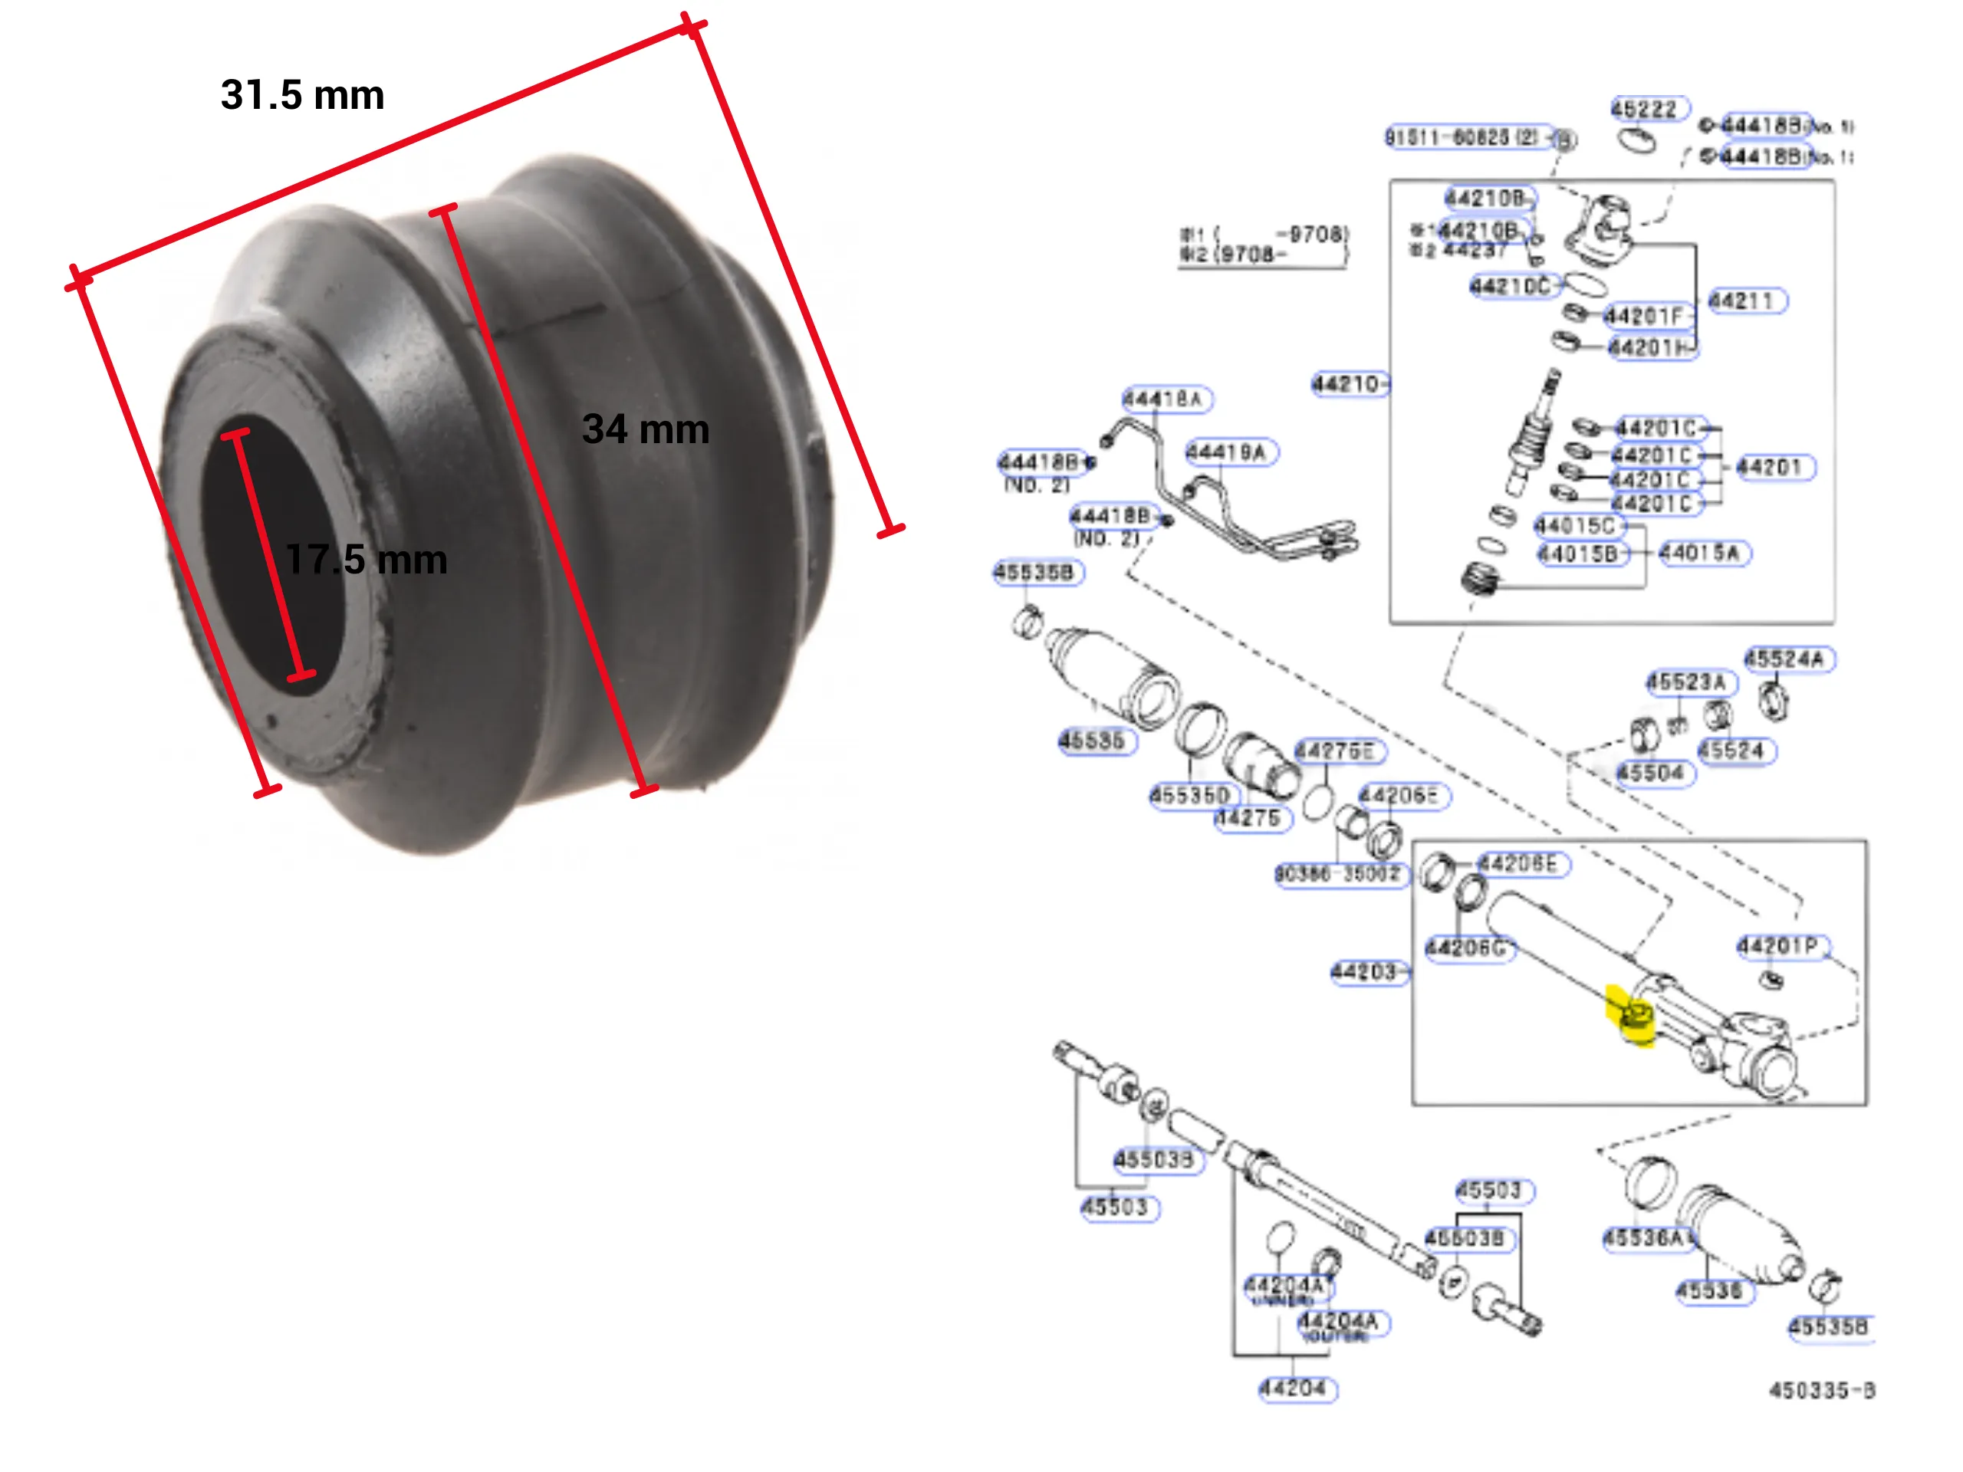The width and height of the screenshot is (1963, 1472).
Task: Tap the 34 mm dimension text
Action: pyautogui.click(x=645, y=429)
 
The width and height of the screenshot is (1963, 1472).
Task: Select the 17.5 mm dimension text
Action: pyautogui.click(x=366, y=560)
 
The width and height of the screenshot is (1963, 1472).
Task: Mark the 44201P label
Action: pyautogui.click(x=1778, y=947)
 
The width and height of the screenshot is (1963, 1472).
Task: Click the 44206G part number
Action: pyautogui.click(x=1465, y=948)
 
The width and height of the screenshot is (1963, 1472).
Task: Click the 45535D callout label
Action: pyautogui.click(x=1190, y=795)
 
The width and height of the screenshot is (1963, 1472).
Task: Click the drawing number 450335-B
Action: pyautogui.click(x=1821, y=1391)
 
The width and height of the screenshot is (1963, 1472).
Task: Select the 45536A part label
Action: pyautogui.click(x=1643, y=1237)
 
